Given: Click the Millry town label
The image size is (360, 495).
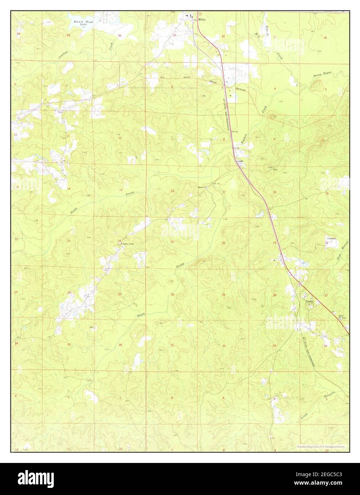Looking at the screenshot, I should point(203,20).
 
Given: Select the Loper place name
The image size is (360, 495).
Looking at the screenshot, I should point(240,161).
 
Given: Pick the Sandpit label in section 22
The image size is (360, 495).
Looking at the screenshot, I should point(332,238).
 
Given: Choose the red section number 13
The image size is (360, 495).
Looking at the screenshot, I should point(120,190).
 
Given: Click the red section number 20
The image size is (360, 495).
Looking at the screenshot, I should point(224,243).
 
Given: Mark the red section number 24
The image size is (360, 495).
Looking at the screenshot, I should point(119,241).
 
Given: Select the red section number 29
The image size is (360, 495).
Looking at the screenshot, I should point(224,295).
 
